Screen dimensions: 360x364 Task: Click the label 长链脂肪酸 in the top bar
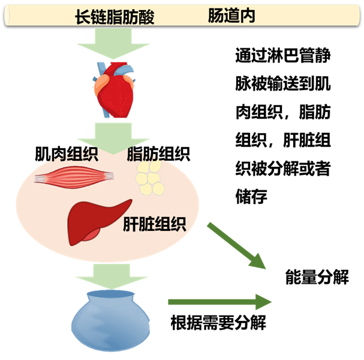(114, 17)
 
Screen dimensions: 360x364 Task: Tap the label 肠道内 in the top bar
(231, 16)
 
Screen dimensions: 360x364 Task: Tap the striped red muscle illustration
(74, 176)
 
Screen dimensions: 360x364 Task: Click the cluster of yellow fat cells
(149, 180)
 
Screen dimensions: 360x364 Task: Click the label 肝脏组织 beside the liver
(154, 224)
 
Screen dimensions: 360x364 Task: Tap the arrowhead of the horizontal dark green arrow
(263, 301)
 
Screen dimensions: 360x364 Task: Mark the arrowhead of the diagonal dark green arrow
(258, 262)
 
